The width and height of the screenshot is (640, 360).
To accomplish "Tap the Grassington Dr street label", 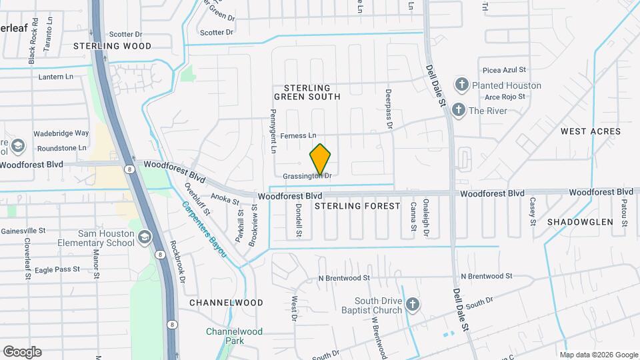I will point(306,176).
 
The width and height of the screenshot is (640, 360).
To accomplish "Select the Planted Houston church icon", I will point(461,85).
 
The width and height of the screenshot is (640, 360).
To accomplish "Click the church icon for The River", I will point(458,110).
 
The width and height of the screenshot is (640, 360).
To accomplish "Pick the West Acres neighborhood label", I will point(591,131).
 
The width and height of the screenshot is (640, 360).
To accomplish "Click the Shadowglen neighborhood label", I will point(580,221).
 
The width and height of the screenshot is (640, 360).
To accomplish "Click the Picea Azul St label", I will point(505,69).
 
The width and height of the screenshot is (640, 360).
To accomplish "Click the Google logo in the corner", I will point(22,351).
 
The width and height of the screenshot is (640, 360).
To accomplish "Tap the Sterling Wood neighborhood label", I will point(112,46).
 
